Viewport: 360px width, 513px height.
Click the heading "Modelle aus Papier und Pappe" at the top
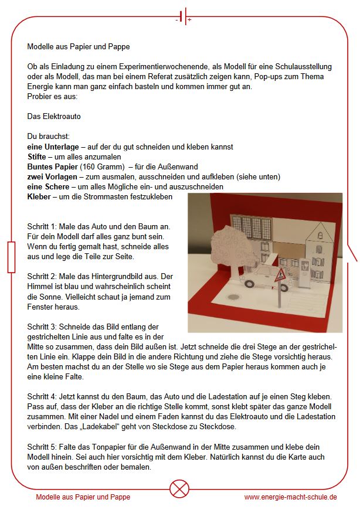pos(79,46)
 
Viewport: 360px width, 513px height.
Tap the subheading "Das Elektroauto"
pos(54,116)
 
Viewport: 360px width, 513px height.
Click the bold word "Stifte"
pos(38,157)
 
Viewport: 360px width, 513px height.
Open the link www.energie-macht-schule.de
pos(290,497)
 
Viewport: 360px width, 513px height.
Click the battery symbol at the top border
pos(183,16)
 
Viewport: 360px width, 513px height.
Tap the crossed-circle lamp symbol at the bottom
pos(180,488)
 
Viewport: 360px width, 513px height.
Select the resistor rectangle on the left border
pos(12,257)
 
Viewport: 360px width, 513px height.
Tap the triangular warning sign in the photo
pos(280,274)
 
